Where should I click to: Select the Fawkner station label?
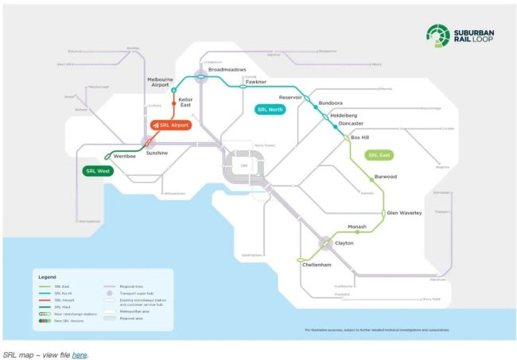[256, 82]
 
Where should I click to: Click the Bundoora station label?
[330, 103]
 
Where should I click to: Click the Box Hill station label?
[360, 137]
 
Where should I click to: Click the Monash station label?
[357, 226]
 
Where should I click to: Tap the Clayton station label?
[344, 243]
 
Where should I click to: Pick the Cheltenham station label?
[317, 264]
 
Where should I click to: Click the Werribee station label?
[126, 156]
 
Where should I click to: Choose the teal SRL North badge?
[270, 109]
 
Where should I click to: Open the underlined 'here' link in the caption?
[79, 354]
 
